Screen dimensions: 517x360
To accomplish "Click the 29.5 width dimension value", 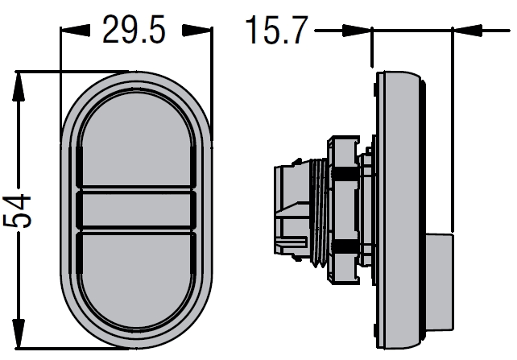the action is [x=134, y=30].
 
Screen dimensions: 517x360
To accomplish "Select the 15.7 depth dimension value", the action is [x=277, y=30].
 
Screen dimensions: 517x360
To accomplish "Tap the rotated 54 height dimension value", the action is [x=17, y=211].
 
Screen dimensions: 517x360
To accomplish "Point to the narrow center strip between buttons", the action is [x=136, y=210].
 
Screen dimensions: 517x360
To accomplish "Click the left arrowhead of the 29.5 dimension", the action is [x=75, y=31].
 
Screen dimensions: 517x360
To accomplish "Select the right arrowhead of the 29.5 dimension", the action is [x=196, y=31].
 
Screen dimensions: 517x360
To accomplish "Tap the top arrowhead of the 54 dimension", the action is [x=19, y=85].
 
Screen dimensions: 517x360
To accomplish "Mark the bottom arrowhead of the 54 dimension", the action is [x=19, y=333].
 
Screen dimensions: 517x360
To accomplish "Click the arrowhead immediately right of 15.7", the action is [x=357, y=31].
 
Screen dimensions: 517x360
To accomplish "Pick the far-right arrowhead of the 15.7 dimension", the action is [x=468, y=31].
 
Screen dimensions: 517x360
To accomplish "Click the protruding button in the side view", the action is [x=439, y=282].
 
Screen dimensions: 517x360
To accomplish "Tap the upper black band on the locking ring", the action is [x=345, y=173].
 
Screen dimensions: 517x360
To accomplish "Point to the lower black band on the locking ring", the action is [x=345, y=246].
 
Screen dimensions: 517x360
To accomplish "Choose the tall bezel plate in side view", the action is [x=399, y=210].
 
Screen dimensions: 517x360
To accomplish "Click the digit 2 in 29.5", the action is [x=112, y=30].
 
